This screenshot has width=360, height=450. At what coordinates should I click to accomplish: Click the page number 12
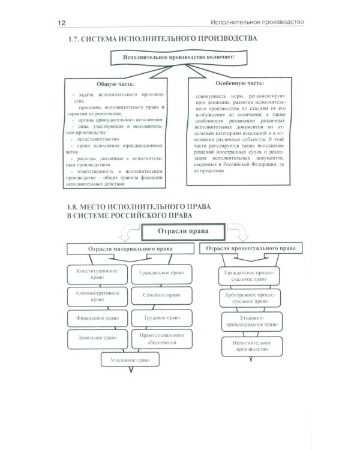pyautogui.click(x=62, y=23)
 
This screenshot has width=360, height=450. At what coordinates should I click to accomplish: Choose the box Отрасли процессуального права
pyautogui.click(x=251, y=248)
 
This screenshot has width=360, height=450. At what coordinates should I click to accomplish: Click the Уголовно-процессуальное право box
pyautogui.click(x=251, y=320)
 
